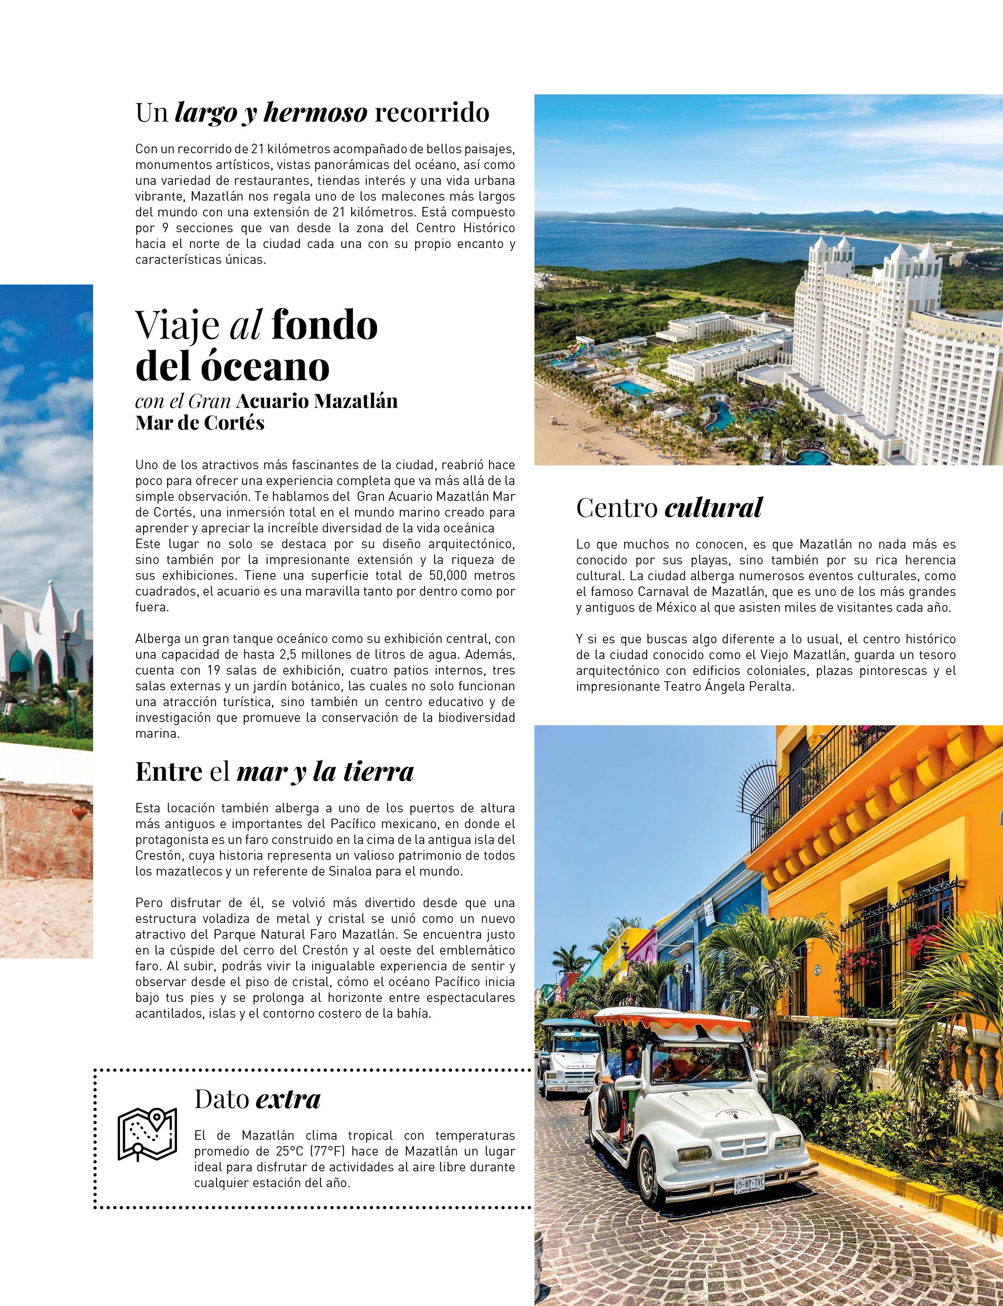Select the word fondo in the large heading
tap(324, 326)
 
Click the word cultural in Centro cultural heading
tap(713, 508)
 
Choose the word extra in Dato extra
tap(288, 1099)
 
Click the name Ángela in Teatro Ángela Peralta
tap(726, 686)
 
